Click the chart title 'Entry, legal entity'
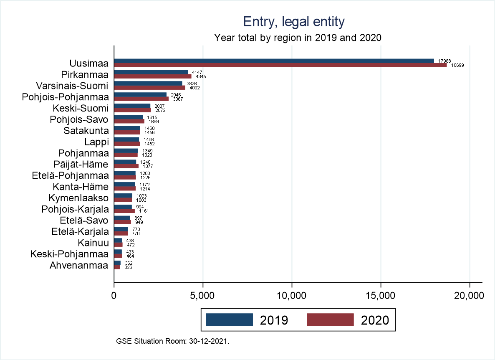(x=294, y=22)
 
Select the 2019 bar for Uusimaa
(x=274, y=61)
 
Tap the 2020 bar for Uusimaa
(x=280, y=65)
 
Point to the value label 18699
(x=456, y=66)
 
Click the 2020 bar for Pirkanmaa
(x=153, y=76)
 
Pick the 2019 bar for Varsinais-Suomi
(x=148, y=84)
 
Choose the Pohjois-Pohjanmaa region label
(x=65, y=97)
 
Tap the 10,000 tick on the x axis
(x=292, y=296)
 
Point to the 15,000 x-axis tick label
(x=381, y=296)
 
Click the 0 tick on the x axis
(x=114, y=296)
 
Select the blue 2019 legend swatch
(x=230, y=319)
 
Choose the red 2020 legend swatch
(x=330, y=319)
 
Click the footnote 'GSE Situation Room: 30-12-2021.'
(x=173, y=341)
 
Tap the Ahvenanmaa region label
(x=79, y=265)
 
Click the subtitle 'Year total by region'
(x=298, y=38)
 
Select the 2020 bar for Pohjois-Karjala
(x=124, y=211)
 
